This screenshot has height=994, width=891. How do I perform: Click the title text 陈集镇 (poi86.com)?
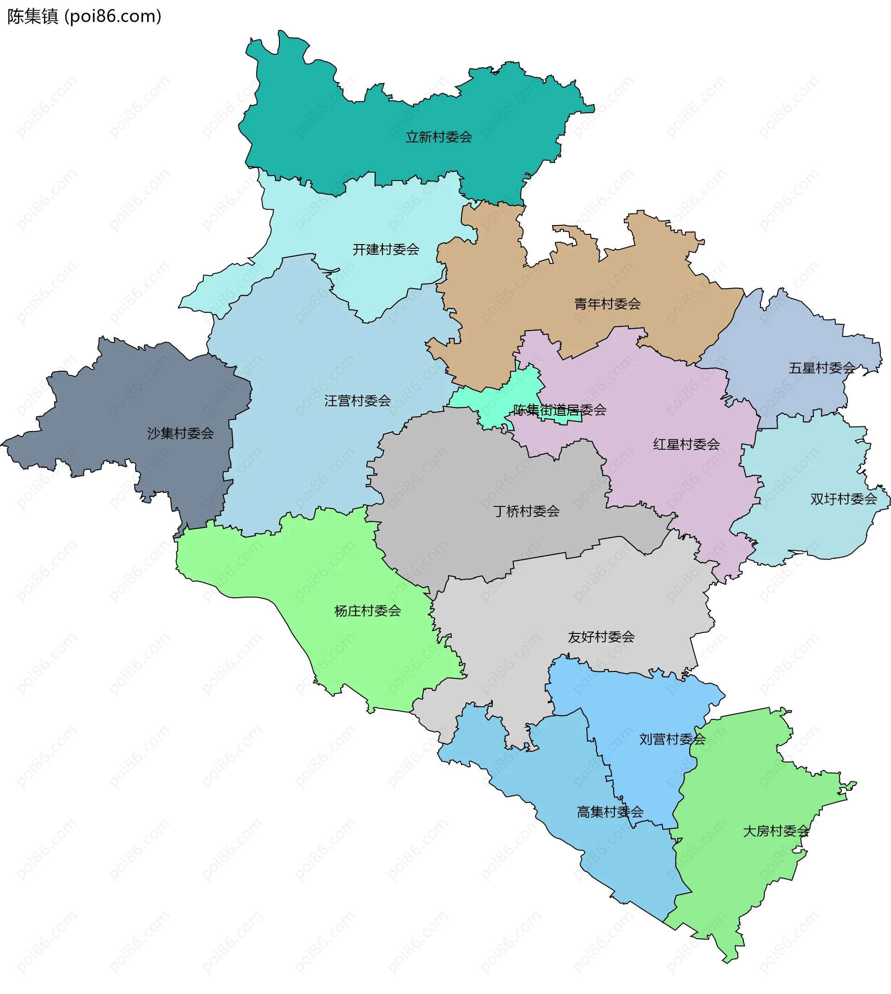click(84, 17)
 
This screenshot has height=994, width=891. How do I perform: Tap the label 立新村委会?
click(439, 137)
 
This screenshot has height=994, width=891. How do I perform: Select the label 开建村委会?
click(386, 250)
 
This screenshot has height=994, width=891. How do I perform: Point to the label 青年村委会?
click(607, 304)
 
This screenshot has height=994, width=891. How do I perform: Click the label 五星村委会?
click(821, 368)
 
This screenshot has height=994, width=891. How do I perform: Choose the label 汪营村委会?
click(357, 401)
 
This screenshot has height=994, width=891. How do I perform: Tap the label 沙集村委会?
click(180, 433)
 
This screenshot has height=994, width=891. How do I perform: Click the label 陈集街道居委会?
click(560, 410)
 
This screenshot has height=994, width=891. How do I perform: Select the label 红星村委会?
click(686, 445)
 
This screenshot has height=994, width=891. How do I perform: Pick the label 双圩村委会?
click(844, 499)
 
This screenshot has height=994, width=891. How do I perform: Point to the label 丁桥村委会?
click(526, 512)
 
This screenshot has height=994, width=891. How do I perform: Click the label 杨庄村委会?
click(367, 611)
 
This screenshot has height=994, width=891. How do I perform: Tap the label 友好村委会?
click(601, 637)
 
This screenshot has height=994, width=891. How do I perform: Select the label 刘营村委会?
click(672, 739)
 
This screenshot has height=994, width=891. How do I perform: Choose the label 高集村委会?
click(610, 813)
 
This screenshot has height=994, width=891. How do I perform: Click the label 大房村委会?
click(776, 832)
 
